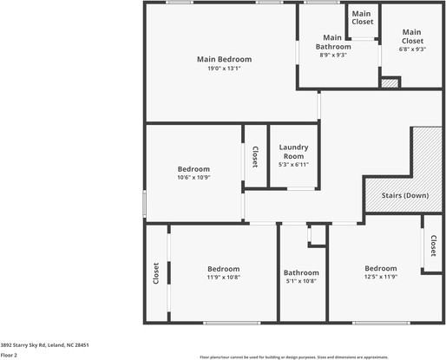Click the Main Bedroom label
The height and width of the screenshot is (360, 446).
pos(224,59)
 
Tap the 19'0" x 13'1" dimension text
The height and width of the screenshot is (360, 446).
pos(224,68)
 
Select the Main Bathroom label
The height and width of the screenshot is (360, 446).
pos(332,42)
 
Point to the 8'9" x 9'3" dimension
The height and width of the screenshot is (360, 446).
pos(332,55)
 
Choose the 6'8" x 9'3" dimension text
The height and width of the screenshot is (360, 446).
pos(411,49)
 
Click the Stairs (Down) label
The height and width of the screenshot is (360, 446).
pos(405,195)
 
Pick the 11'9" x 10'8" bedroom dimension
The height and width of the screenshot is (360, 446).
pos(223,278)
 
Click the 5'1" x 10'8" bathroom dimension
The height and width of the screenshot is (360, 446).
pos(301,281)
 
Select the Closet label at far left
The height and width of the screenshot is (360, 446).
pos(156,273)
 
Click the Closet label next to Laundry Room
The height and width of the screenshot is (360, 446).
pos(255,156)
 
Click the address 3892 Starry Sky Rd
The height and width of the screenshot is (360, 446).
pos(44,344)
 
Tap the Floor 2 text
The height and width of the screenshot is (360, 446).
pos(10,354)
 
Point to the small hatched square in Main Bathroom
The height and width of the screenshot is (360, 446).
pos(390,83)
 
